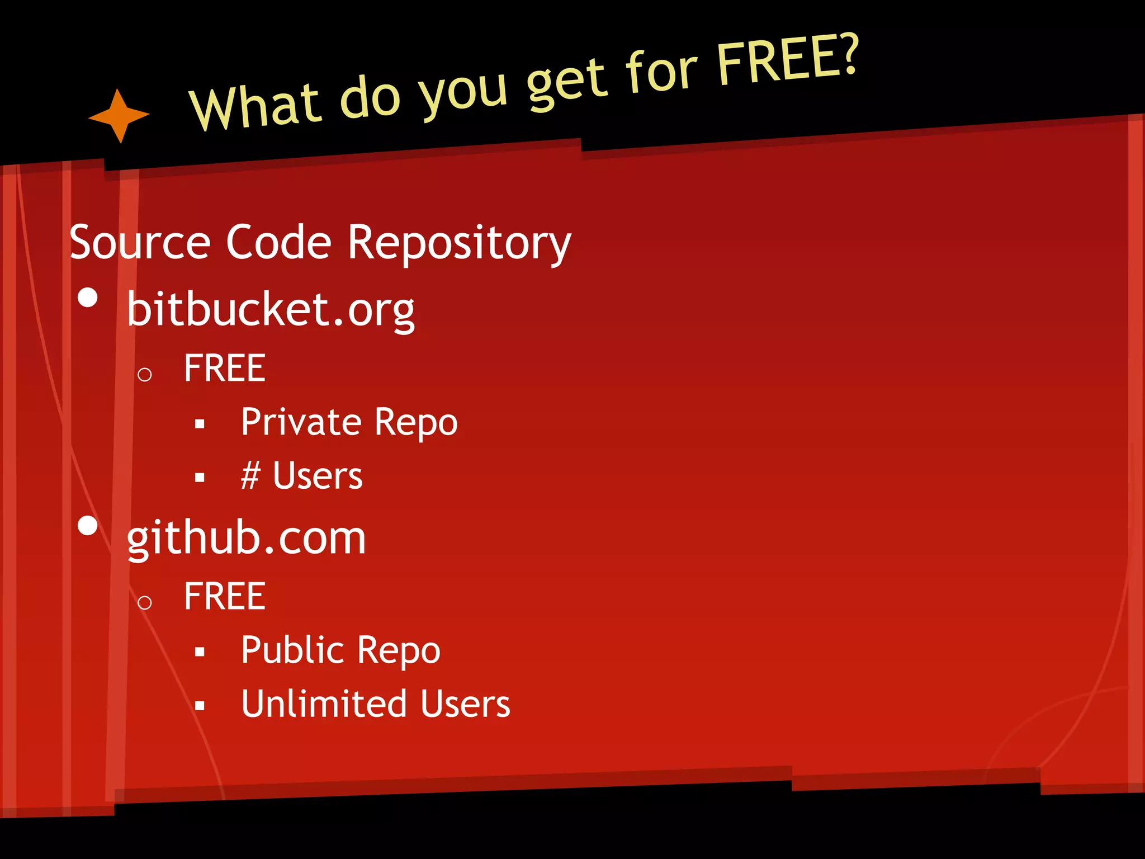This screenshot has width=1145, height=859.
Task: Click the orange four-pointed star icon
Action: [x=119, y=116]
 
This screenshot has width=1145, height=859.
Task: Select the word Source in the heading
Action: [x=140, y=243]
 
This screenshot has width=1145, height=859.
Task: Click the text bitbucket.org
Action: [x=271, y=309]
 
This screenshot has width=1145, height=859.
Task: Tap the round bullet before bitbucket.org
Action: [x=88, y=298]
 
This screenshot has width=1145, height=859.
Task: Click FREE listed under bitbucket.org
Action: [x=224, y=369]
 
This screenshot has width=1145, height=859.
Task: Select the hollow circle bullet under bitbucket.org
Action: [x=144, y=375]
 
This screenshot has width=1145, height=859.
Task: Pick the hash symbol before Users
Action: [x=250, y=476]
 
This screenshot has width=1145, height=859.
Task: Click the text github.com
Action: [x=246, y=537]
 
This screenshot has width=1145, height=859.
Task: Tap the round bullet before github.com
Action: [x=88, y=526]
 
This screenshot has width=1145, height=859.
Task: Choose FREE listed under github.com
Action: [x=224, y=596]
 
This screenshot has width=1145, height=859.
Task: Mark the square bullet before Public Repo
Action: [x=200, y=652]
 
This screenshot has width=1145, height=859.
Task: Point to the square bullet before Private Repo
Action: [x=200, y=424]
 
